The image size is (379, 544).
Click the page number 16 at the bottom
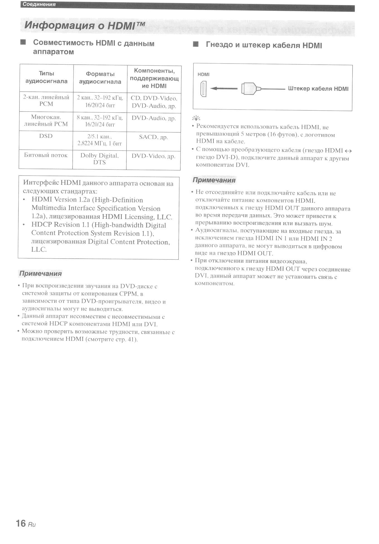(x=21, y=523)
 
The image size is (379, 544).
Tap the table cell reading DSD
(x=46, y=136)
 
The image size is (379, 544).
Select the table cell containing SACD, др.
(x=154, y=137)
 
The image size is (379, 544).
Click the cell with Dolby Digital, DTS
(x=99, y=159)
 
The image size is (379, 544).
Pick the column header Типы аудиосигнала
(x=47, y=77)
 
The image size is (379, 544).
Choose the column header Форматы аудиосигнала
(x=100, y=78)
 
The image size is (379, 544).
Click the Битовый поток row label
(x=46, y=155)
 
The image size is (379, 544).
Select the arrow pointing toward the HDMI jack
(x=223, y=89)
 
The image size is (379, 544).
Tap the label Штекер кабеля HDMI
(x=318, y=89)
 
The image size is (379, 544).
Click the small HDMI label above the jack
(x=203, y=74)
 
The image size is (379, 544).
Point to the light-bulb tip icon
(x=196, y=118)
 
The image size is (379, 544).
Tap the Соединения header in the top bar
(x=39, y=4)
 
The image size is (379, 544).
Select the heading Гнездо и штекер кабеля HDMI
(x=264, y=45)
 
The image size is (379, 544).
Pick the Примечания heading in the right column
(x=214, y=180)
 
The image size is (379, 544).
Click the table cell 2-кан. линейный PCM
(x=46, y=101)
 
